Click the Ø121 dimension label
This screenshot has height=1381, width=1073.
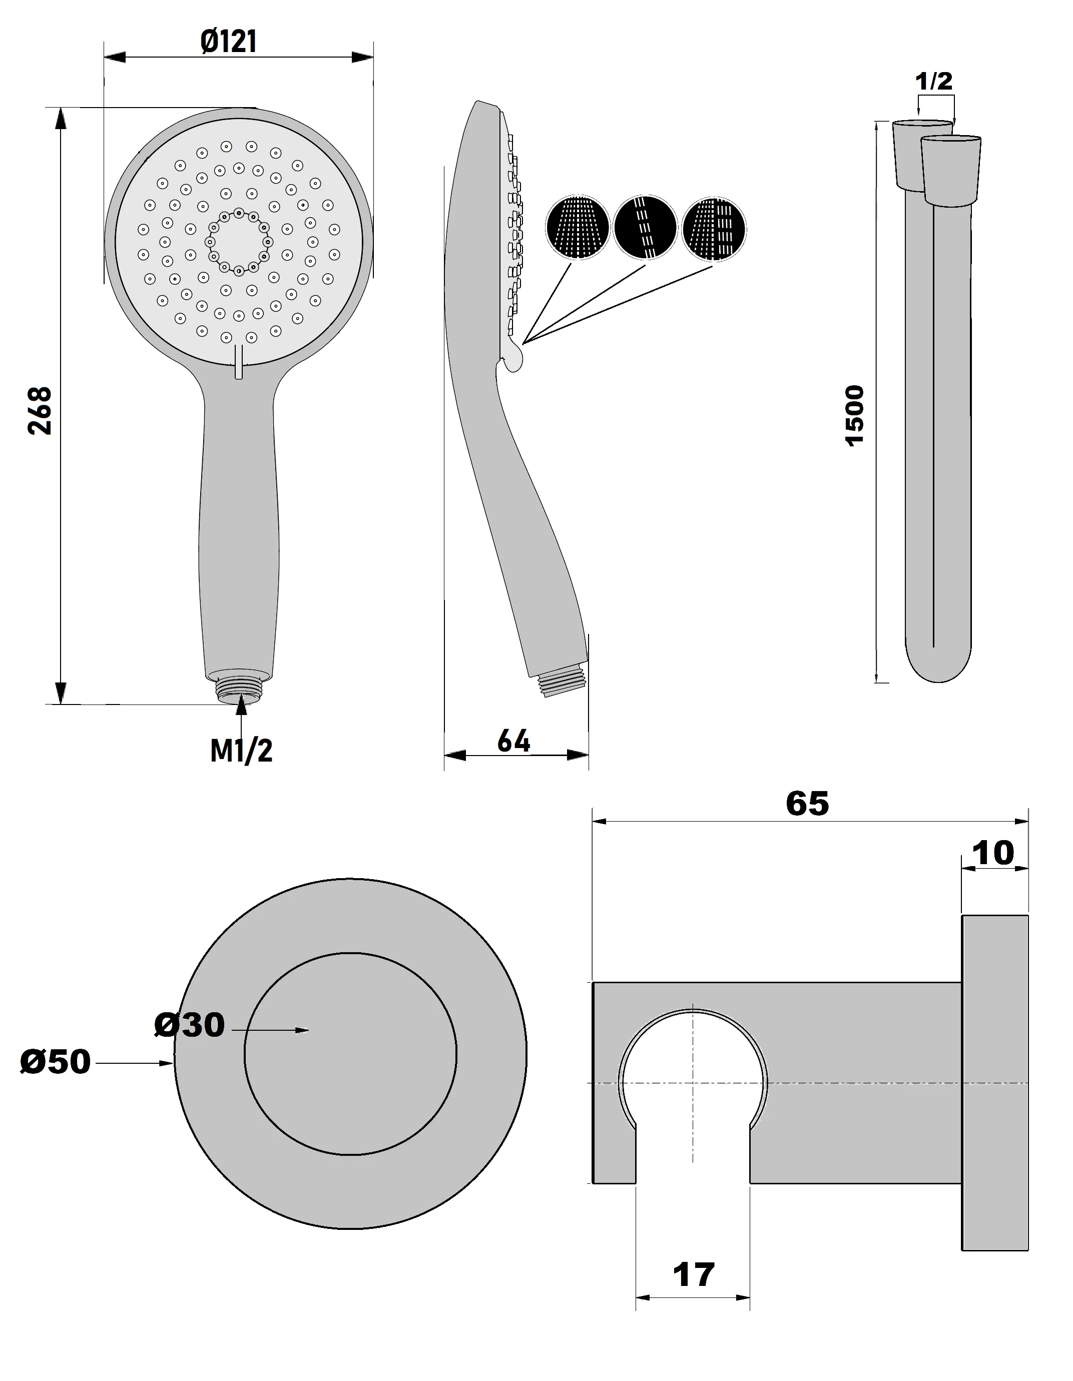tap(228, 42)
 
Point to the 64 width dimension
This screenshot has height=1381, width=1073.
tap(513, 741)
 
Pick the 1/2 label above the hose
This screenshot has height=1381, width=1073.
tap(933, 81)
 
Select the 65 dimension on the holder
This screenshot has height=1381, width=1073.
tap(807, 804)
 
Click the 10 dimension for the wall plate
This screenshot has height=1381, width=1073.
tap(993, 853)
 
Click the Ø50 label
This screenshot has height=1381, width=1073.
tap(55, 1062)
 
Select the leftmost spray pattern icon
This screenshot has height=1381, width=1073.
tap(577, 228)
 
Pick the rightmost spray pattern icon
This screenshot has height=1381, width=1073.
tap(714, 228)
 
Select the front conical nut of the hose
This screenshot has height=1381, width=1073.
tap(950, 171)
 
